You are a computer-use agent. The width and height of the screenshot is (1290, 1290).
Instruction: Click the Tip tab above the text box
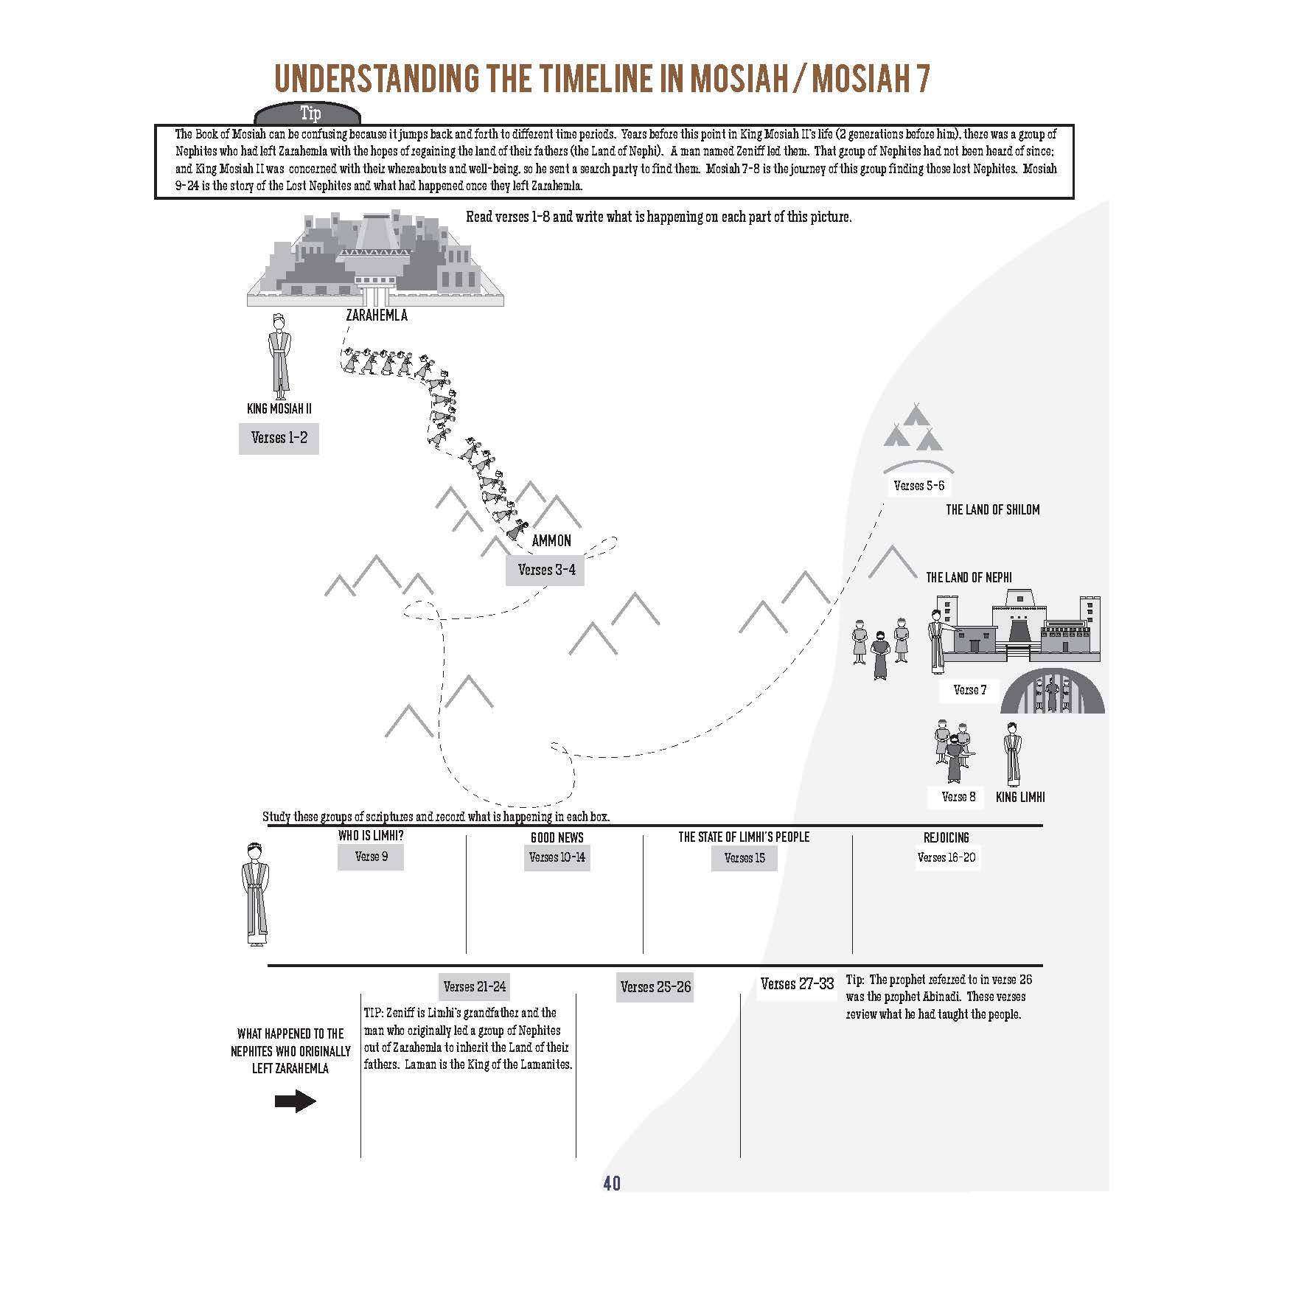pos(309,114)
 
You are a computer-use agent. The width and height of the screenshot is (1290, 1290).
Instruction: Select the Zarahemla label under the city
pos(376,315)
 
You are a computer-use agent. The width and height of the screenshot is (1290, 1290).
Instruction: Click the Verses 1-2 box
pos(279,438)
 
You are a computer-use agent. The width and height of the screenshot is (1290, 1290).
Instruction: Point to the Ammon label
pos(551,540)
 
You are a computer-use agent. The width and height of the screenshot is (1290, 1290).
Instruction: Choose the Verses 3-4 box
pos(545,570)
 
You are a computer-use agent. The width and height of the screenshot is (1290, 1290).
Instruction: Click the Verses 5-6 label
pos(918,486)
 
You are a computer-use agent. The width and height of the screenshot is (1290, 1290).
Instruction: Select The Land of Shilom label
pos(992,509)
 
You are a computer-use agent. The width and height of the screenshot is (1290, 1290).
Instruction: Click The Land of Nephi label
pos(969,577)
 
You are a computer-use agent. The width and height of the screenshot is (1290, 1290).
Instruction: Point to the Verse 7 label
pos(969,690)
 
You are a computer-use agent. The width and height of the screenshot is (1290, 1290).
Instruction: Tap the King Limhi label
pos(1020,797)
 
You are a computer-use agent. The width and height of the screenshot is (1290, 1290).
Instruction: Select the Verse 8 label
pos(958,797)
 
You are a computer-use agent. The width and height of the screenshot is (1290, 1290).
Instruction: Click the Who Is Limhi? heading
pos(371,837)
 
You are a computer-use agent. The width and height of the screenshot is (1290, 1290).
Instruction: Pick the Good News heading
pos(557,837)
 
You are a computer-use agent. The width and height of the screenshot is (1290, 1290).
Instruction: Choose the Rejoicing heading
pos(946,837)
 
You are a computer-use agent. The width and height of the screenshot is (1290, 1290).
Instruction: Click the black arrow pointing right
pos(295,1102)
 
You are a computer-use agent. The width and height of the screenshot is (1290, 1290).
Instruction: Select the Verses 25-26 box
pos(655,987)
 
